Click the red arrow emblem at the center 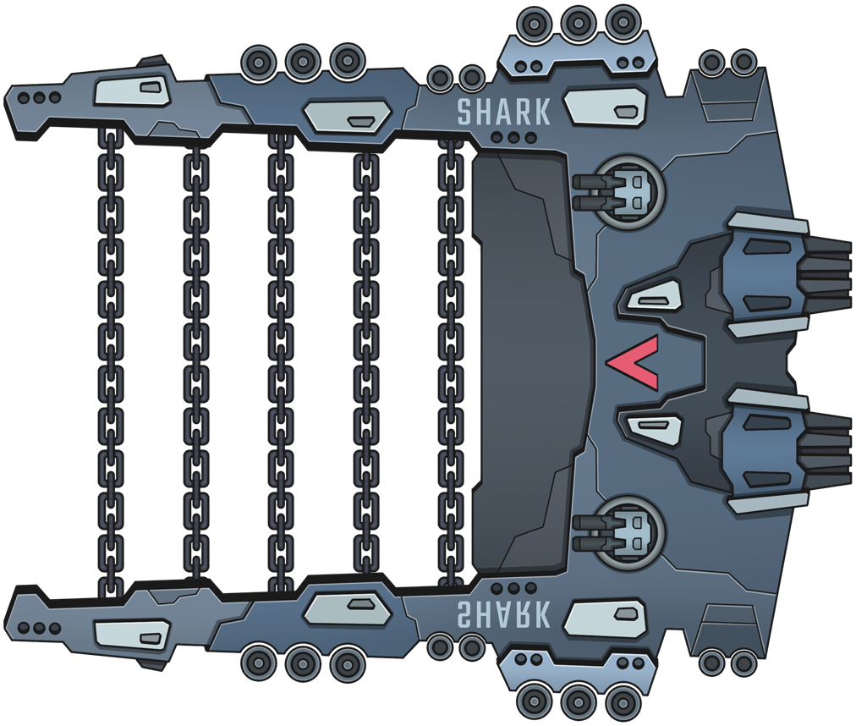[x=634, y=362]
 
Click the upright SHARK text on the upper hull [x=503, y=112]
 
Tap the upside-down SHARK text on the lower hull [x=503, y=613]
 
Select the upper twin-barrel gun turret [x=622, y=193]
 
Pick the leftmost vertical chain [x=111, y=362]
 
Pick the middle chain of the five [x=281, y=362]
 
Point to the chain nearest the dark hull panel [x=451, y=362]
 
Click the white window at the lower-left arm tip [x=132, y=632]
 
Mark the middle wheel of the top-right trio [x=579, y=20]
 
